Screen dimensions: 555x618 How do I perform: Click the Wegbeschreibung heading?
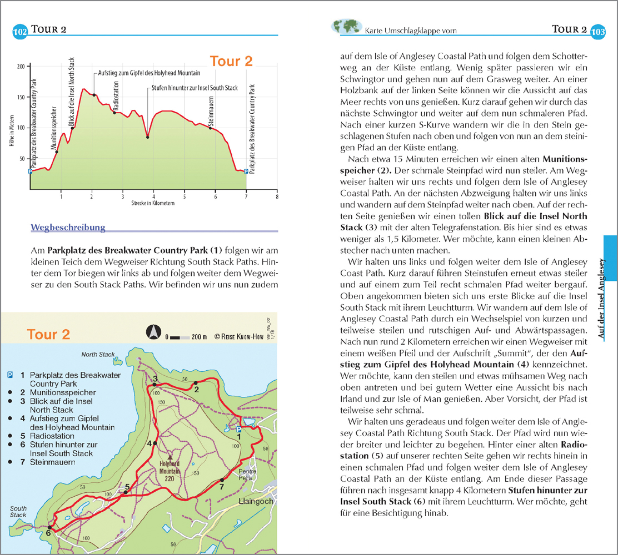click(68, 227)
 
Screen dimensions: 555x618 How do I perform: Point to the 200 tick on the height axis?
click(21, 67)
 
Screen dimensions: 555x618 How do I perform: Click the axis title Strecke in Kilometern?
click(153, 203)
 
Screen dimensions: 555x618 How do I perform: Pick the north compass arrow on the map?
click(153, 332)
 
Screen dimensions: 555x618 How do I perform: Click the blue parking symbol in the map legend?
click(9, 375)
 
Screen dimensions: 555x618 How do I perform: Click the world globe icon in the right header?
click(345, 28)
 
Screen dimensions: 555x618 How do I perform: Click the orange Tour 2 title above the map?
click(49, 334)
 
